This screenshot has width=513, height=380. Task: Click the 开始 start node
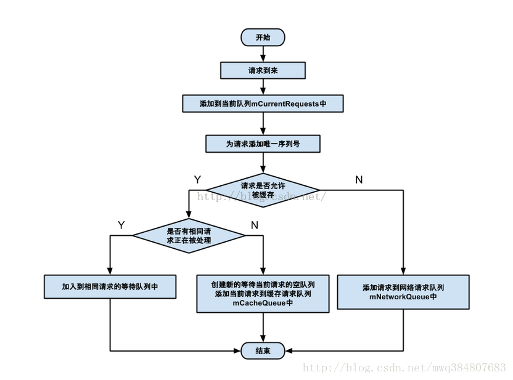pos(263,37)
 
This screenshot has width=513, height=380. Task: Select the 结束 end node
pos(263,350)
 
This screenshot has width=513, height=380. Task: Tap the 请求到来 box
pos(263,71)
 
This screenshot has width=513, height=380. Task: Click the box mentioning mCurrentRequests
pos(263,103)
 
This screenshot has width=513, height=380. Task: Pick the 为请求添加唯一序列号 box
pos(263,144)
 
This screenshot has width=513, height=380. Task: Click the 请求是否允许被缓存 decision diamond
pos(263,190)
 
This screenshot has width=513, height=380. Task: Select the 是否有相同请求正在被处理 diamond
pos(189,235)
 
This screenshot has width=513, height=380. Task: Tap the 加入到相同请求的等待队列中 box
pos(110,286)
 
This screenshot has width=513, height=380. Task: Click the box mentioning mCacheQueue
pos(263,293)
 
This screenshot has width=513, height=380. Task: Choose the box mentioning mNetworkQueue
pos(403,292)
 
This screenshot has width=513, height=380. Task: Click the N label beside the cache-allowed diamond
pos(359,180)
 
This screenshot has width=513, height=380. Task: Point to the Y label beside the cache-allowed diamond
pos(197,180)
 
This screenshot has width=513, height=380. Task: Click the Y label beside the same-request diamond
pos(121,225)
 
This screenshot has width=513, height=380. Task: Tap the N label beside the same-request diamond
pos(254,225)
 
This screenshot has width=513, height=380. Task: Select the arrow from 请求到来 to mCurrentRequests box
pos(263,87)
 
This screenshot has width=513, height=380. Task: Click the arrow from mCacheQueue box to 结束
pos(263,327)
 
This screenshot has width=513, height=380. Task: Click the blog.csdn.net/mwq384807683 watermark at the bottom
pos(404,368)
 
